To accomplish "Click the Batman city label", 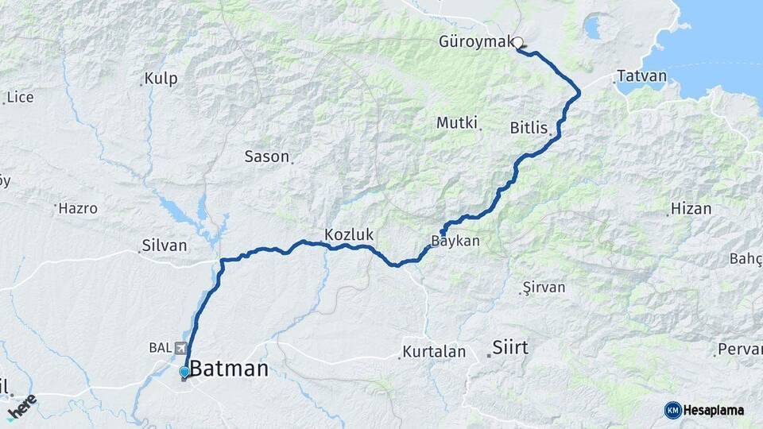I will (230, 368).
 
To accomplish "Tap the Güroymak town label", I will (476, 42).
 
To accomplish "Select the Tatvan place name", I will (641, 76).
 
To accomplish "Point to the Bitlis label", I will (529, 127).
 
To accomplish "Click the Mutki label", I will (456, 123).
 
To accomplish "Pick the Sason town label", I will (266, 157).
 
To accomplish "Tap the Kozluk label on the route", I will (348, 234).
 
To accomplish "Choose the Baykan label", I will (455, 241).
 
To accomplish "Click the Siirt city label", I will (510, 347).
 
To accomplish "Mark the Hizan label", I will (690, 209).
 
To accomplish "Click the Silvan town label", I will (164, 245).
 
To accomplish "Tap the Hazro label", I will (79, 209).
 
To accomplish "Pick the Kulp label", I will (161, 79).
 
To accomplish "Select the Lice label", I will (20, 98).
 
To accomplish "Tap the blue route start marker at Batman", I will (184, 372).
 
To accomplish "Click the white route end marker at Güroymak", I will (518, 43).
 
